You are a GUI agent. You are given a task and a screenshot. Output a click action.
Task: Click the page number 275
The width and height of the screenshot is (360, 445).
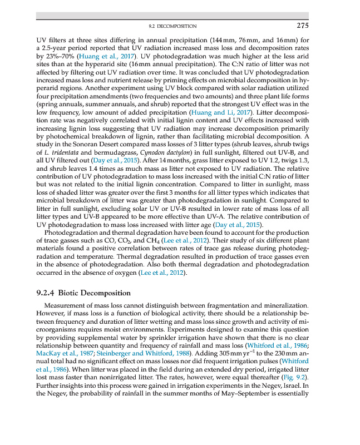pyautogui.click(x=303, y=25)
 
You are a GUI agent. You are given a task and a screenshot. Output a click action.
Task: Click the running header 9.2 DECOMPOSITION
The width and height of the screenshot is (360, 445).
pyautogui.click(x=173, y=26)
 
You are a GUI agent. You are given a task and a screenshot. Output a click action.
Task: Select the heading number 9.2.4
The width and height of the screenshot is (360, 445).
pyautogui.click(x=45, y=293)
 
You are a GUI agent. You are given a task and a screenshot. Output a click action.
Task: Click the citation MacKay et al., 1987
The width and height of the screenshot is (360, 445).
pyautogui.click(x=61, y=352)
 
